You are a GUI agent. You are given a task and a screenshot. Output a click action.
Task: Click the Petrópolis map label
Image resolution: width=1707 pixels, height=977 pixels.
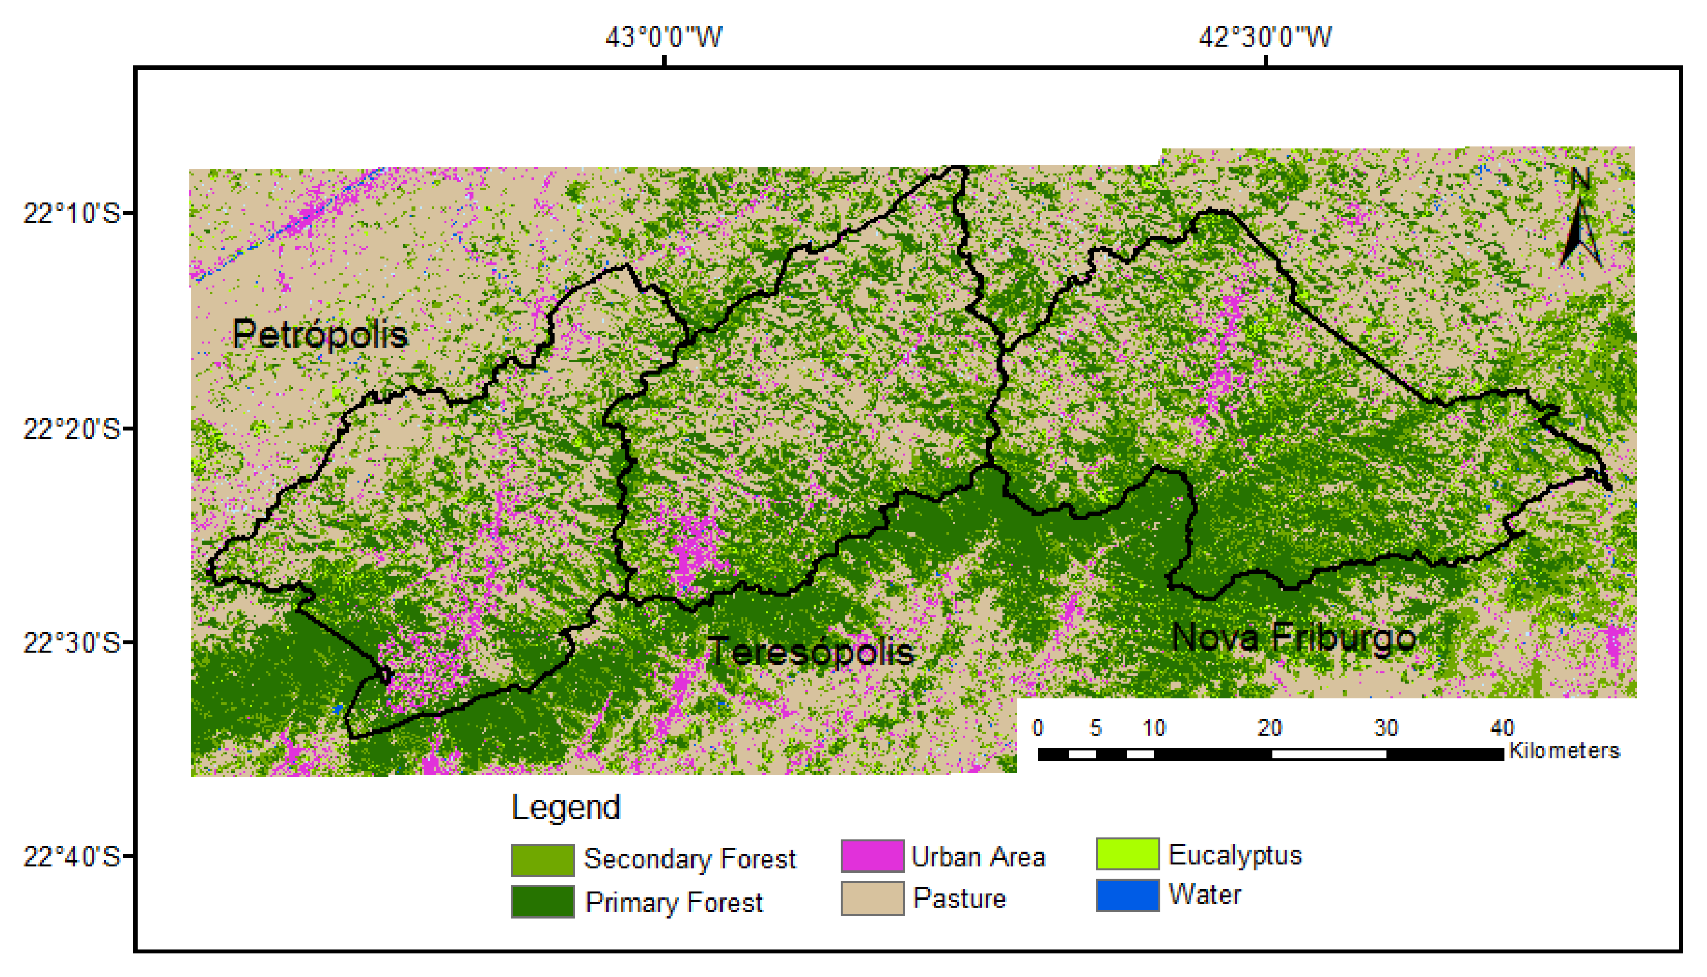pos(320,334)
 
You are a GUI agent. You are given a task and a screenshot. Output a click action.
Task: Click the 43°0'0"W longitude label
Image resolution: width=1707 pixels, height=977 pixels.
pos(663,37)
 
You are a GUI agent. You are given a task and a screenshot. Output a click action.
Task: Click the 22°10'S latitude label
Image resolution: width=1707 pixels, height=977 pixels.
pos(71,213)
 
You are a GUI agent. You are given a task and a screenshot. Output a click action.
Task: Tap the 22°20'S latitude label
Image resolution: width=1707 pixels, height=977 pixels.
pos(71,429)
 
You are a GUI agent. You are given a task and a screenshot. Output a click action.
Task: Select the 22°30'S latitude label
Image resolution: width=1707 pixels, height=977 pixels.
pos(71,643)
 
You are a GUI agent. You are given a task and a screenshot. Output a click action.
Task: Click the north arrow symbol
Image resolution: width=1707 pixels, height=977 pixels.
pos(1580,222)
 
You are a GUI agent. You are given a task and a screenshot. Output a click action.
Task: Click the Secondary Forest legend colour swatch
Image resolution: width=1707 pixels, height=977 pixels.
pos(542,860)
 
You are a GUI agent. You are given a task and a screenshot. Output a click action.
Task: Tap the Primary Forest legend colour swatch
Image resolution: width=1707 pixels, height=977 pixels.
pos(542,901)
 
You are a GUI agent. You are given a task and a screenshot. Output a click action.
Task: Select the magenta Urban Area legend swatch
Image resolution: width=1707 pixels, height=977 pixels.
pos(872,856)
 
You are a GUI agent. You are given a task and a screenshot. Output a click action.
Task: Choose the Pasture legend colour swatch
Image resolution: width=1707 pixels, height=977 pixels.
pos(872,898)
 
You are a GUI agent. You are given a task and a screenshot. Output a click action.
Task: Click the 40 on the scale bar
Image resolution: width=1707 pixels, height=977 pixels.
pos(1502,728)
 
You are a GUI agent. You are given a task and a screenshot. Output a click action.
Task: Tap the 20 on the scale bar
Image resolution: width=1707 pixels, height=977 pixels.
pos(1269,728)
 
